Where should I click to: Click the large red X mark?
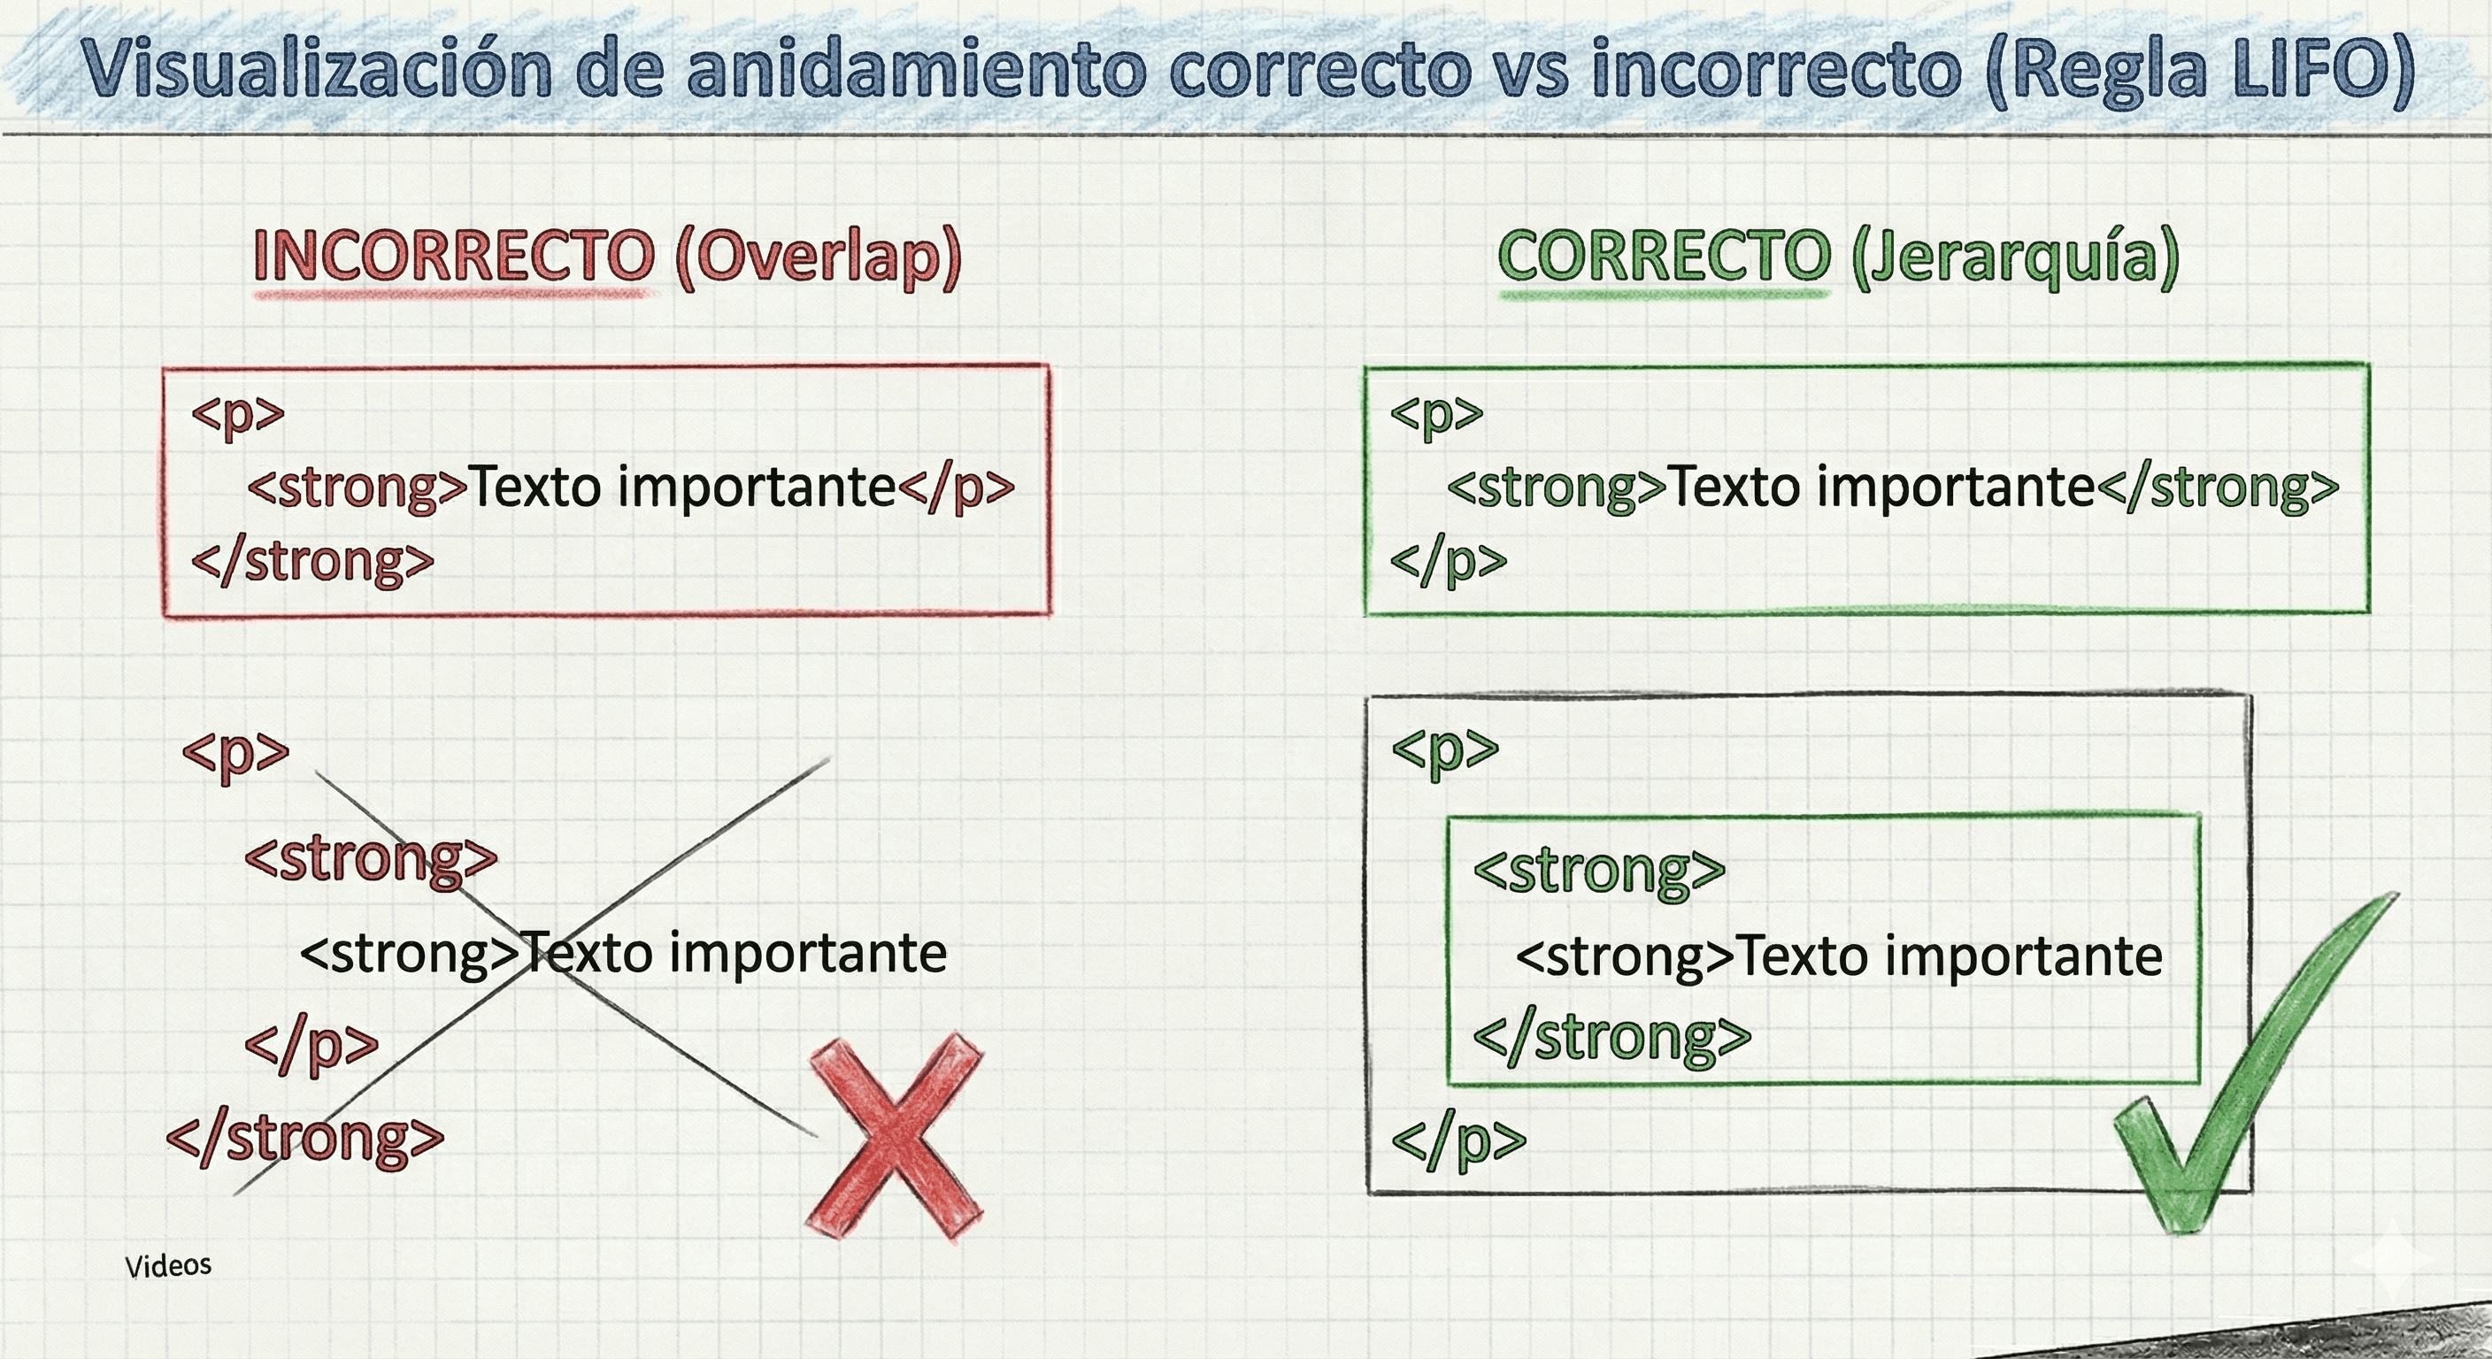pyautogui.click(x=895, y=1138)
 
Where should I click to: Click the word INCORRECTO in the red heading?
pyautogui.click(x=453, y=257)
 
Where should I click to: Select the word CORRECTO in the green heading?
pyautogui.click(x=1664, y=257)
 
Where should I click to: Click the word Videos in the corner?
pyautogui.click(x=168, y=1265)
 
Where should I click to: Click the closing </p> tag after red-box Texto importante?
pyautogui.click(x=956, y=487)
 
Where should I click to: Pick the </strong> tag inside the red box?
pyautogui.click(x=312, y=561)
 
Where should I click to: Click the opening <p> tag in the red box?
pyautogui.click(x=238, y=413)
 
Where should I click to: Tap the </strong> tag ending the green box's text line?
pyautogui.click(x=2218, y=487)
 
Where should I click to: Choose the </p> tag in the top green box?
pyautogui.click(x=1448, y=561)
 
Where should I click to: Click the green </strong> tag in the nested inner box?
pyautogui.click(x=1611, y=1037)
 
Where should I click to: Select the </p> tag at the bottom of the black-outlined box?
pyautogui.click(x=1458, y=1140)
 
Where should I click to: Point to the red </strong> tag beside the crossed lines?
pyautogui.click(x=304, y=1138)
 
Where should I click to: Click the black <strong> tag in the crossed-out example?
pyautogui.click(x=411, y=954)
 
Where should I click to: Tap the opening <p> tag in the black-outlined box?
pyautogui.click(x=1444, y=749)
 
